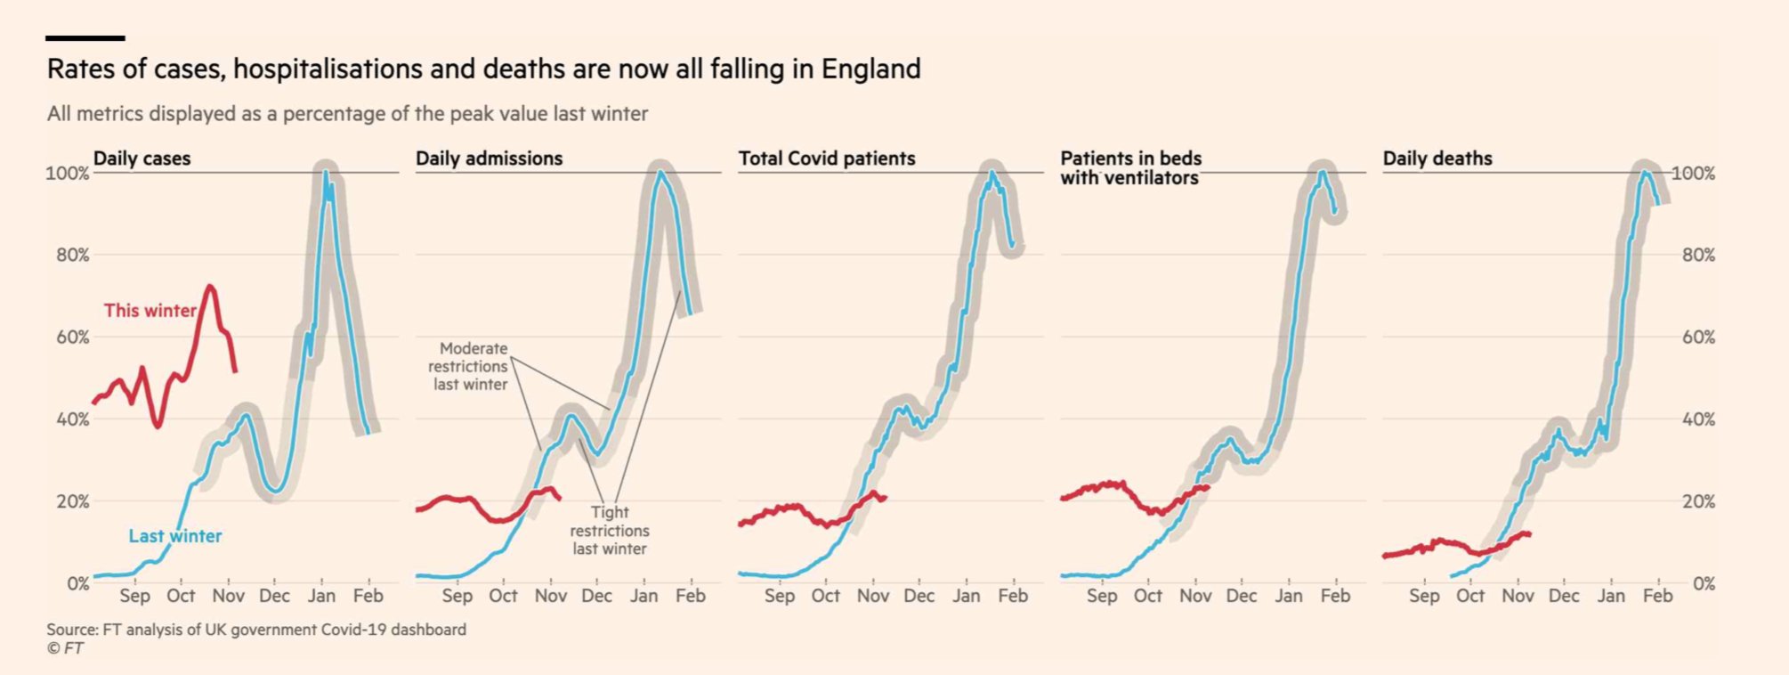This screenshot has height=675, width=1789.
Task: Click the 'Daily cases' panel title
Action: [x=142, y=159]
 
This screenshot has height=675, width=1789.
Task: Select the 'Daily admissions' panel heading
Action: [x=489, y=159]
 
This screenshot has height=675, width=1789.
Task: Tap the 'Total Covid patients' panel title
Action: [x=826, y=159]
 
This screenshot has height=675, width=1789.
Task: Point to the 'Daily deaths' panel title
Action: [x=1437, y=159]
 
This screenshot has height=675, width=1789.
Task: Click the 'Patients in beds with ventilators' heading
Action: [x=1130, y=168]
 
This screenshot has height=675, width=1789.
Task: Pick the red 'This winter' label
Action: [x=150, y=311]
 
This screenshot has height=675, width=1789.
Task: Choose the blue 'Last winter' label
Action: [x=174, y=536]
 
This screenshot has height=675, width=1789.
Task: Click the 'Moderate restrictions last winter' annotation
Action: [x=469, y=366]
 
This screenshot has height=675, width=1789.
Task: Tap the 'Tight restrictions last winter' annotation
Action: [x=610, y=531]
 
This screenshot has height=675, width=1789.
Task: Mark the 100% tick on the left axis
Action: [x=68, y=173]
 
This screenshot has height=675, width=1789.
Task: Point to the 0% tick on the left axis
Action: [x=77, y=584]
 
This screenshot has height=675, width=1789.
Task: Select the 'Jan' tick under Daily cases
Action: [x=321, y=596]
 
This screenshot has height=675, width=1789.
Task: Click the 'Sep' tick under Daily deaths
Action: [x=1423, y=596]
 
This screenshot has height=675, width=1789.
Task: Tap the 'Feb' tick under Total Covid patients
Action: [x=1013, y=596]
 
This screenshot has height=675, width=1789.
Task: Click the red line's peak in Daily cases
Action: [x=210, y=287]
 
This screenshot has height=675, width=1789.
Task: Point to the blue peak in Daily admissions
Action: [x=660, y=172]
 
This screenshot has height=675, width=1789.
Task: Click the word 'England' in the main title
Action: [x=870, y=69]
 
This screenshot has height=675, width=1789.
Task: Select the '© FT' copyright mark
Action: [x=65, y=649]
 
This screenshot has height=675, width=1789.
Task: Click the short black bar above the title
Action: [x=85, y=38]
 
